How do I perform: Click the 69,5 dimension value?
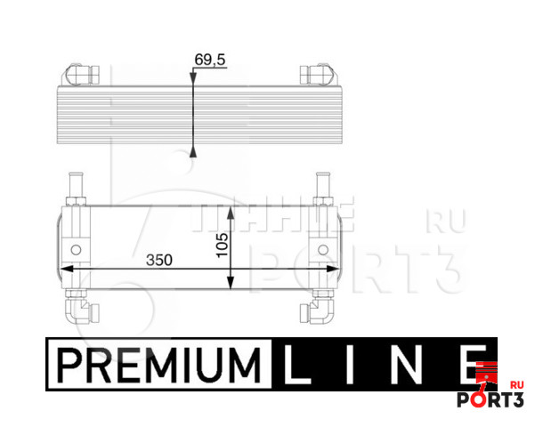(x=210, y=60)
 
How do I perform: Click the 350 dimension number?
(x=159, y=260)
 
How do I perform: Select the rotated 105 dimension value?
(x=222, y=245)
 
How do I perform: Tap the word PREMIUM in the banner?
(x=159, y=366)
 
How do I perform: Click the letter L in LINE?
(x=296, y=365)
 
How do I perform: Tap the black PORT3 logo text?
(x=490, y=399)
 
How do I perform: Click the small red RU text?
(x=517, y=385)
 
